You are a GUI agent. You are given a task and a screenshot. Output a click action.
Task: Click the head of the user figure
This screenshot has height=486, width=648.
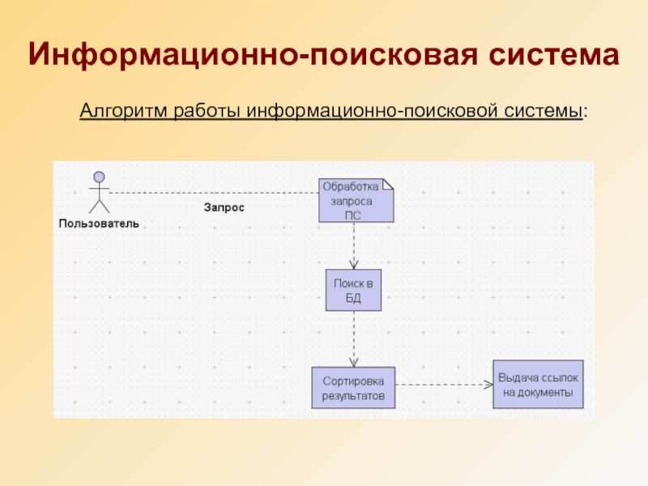[x=99, y=177]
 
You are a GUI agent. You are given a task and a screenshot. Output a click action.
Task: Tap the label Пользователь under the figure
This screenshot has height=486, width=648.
[x=98, y=223]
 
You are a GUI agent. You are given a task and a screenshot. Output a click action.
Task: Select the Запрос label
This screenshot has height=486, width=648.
[x=224, y=207]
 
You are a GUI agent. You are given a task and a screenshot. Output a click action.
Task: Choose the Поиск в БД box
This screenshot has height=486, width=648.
[x=353, y=290]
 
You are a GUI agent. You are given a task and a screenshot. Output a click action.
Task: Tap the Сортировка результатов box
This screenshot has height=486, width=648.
[x=353, y=388]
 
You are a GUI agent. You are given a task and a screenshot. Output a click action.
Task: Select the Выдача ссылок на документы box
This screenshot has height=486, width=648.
[x=538, y=385]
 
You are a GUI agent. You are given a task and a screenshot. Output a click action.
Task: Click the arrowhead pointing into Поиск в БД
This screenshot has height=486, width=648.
[x=353, y=264]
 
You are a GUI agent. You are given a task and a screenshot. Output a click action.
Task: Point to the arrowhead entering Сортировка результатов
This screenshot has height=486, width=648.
[x=353, y=362]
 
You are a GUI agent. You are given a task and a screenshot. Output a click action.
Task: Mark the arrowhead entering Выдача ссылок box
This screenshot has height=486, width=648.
[x=488, y=384]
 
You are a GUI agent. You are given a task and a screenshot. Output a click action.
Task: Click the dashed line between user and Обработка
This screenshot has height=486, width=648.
[x=211, y=193]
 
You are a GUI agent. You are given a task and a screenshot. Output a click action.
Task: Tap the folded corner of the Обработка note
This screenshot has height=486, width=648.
[x=388, y=184]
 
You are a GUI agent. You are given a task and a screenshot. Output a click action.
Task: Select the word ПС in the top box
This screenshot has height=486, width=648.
[x=353, y=215]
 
